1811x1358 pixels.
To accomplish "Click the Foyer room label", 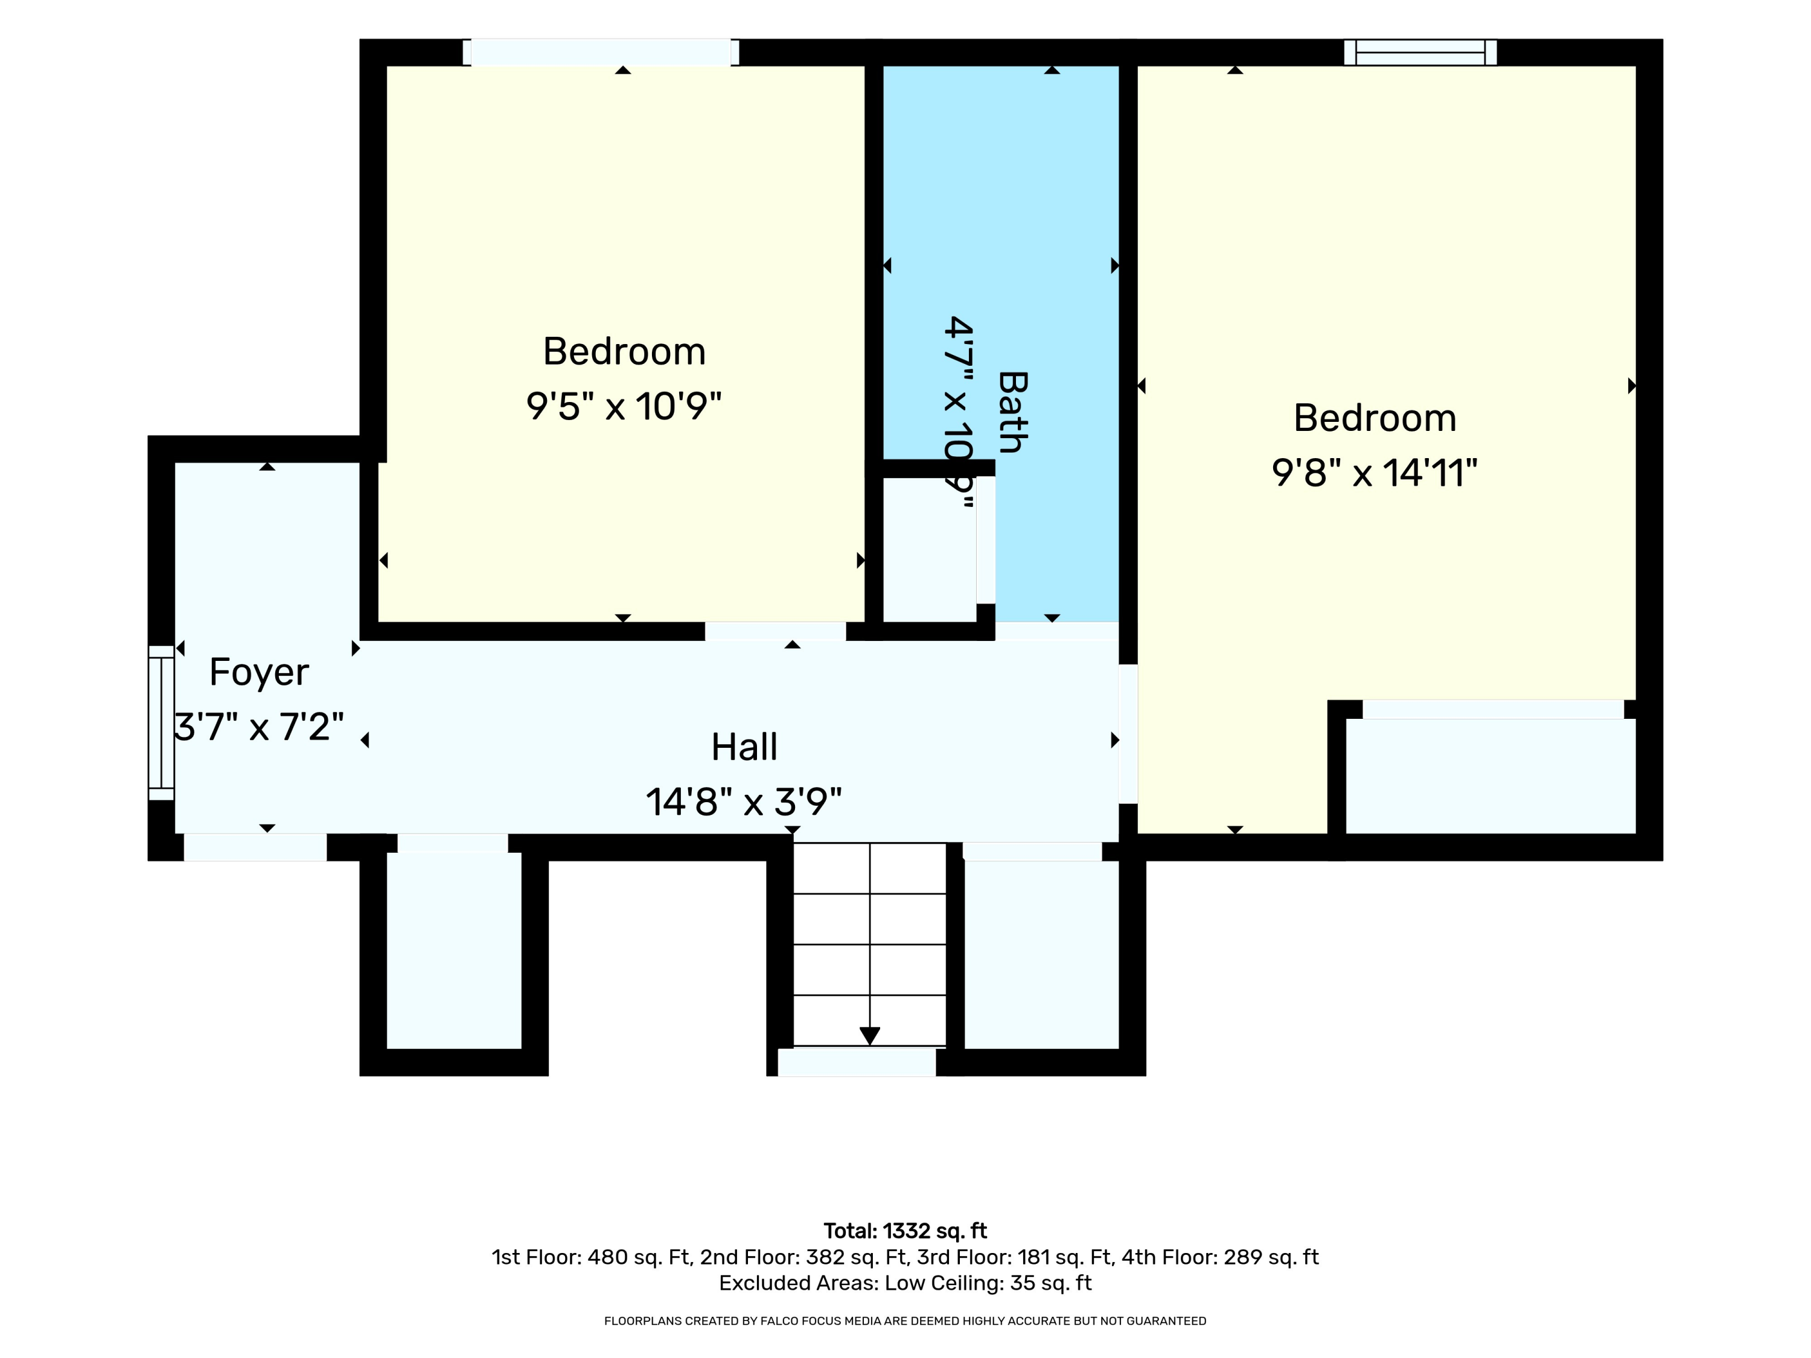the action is tap(259, 673).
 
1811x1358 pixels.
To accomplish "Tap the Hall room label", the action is tap(744, 747).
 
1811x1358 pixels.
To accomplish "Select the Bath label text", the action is tap(1013, 412).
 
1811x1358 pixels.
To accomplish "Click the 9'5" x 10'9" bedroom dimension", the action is tap(624, 406).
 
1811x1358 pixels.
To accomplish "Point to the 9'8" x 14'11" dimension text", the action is tap(1375, 473).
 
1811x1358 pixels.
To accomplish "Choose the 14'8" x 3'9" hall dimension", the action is tap(744, 802).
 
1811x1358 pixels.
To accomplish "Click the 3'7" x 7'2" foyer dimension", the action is tap(259, 727).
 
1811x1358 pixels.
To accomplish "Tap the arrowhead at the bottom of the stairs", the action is tap(869, 1036).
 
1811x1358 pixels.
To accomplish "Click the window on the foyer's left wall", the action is tap(161, 723).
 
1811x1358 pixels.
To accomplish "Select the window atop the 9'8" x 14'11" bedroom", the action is tap(1420, 53).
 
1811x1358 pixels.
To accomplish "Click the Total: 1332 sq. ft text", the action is tap(905, 1231).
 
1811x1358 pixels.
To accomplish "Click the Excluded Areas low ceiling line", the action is tap(905, 1283).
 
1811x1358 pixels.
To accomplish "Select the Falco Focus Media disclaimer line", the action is tap(905, 1321).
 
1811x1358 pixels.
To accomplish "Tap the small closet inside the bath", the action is tap(929, 549).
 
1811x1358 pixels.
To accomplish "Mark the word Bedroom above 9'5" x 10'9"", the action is tap(624, 352).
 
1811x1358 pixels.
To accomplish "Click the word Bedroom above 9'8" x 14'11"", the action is tap(1375, 418).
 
